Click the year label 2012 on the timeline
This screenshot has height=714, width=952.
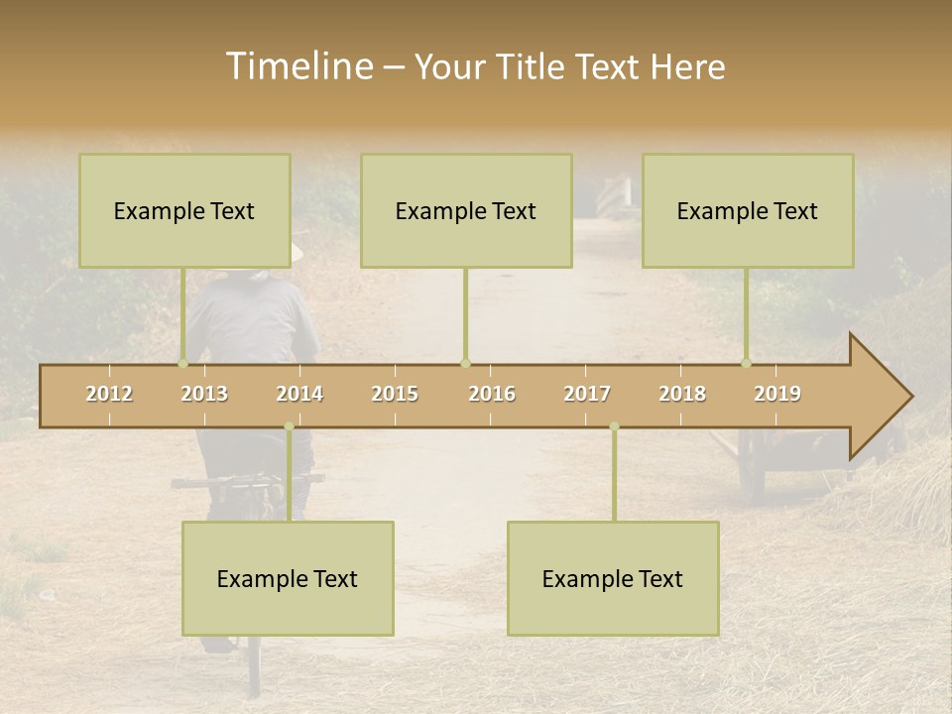[109, 394]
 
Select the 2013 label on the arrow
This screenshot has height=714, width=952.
[204, 394]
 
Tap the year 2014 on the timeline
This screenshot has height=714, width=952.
[299, 394]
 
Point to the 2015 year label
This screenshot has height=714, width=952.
[395, 394]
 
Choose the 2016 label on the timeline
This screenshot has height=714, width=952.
[492, 394]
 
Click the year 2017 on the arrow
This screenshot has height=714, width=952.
[587, 394]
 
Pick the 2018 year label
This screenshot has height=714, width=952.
[682, 394]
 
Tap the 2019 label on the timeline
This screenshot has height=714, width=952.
[777, 394]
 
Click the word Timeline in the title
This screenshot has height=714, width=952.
[298, 66]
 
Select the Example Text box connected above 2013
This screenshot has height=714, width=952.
[184, 210]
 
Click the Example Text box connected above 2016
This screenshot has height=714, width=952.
[466, 210]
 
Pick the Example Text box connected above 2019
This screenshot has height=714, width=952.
[748, 210]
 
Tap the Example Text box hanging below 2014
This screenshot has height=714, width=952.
[288, 578]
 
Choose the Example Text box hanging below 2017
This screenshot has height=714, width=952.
[613, 578]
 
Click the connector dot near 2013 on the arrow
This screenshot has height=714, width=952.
[182, 363]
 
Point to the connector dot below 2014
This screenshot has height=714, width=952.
[289, 426]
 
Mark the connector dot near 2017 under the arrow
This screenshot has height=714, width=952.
[614, 426]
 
